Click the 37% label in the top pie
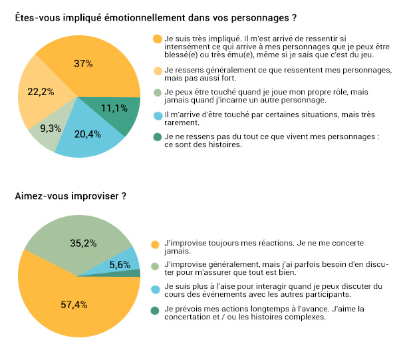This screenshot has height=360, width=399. coord(84,64)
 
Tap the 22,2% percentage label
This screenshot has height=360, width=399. coord(41,91)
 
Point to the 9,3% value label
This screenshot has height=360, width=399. coord(51,127)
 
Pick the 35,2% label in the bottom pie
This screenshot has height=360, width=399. coord(84,244)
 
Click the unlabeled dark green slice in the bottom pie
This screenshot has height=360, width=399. coord(135,272)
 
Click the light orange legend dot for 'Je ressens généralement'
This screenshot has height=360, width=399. coord(157,71)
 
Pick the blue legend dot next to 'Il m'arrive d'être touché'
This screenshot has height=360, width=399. coord(157,115)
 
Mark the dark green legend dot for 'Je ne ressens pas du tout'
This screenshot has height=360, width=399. coord(157,136)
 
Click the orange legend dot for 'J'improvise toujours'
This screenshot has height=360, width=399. coord(157,244)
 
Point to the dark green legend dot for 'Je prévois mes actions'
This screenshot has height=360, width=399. coord(157,310)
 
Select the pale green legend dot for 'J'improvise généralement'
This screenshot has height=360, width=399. coord(157,266)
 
